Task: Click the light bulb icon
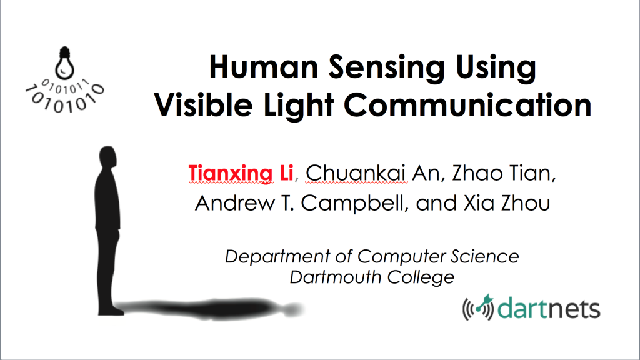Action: coord(64,63)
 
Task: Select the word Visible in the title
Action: coord(203,104)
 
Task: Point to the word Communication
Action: coord(467,104)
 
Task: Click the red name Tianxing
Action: coord(231,174)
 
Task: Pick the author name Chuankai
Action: coord(356,173)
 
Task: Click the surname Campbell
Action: coord(355,203)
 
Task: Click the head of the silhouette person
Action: coord(107,156)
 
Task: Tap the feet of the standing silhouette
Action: coord(110,311)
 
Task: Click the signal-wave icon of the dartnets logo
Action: coord(478,307)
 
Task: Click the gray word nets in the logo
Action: coord(575,309)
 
